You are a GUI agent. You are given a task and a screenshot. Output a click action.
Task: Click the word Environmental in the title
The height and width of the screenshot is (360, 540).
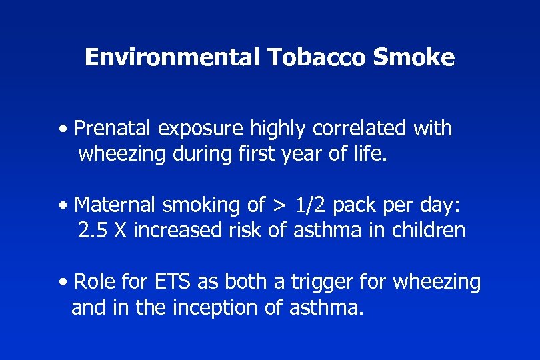(x=171, y=58)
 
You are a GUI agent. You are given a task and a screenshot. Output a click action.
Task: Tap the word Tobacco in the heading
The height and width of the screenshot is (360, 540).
(x=317, y=58)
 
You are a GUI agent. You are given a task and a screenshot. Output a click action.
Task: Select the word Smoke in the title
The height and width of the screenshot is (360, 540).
(x=413, y=58)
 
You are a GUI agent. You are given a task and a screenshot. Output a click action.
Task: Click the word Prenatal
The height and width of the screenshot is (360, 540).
(x=110, y=127)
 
